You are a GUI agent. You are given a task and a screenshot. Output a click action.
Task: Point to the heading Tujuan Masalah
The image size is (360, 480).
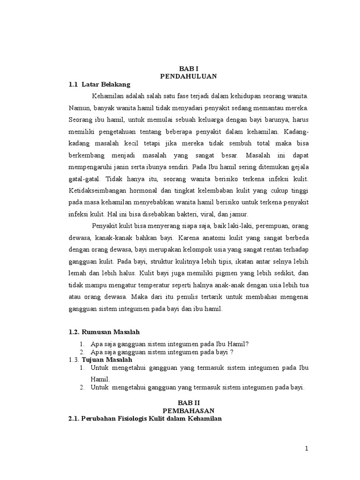click(107, 359)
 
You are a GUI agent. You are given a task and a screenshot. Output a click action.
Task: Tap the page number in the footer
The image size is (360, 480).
click(307, 449)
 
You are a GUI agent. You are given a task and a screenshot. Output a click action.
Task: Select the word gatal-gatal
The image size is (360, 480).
click(85, 180)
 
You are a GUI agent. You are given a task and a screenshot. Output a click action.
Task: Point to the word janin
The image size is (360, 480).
click(119, 167)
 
